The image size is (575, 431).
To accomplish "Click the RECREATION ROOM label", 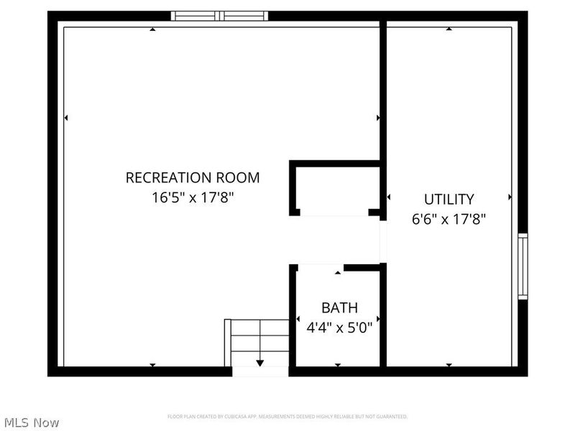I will pyautogui.click(x=193, y=177).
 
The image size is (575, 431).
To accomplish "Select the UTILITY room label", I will pyautogui.click(x=448, y=199).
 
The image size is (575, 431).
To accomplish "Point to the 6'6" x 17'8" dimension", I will pyautogui.click(x=448, y=219).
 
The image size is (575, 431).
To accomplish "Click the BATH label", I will pyautogui.click(x=339, y=308).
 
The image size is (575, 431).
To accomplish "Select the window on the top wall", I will pyautogui.click(x=219, y=16).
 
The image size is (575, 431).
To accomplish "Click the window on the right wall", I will pyautogui.click(x=523, y=266).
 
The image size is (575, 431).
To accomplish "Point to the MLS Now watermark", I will pyautogui.click(x=32, y=422).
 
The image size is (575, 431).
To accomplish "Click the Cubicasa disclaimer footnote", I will pyautogui.click(x=287, y=417).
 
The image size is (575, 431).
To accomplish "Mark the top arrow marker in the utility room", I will pyautogui.click(x=448, y=29).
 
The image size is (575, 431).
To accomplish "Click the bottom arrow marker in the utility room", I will pyautogui.click(x=448, y=365).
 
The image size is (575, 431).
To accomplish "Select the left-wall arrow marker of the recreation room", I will pyautogui.click(x=66, y=117).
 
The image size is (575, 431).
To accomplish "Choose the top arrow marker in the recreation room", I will pyautogui.click(x=152, y=29).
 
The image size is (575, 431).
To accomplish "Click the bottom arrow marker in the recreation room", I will pyautogui.click(x=152, y=365).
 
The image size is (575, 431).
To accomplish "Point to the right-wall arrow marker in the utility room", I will pyautogui.click(x=510, y=197).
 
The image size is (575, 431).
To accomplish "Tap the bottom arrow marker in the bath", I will pyautogui.click(x=338, y=365).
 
